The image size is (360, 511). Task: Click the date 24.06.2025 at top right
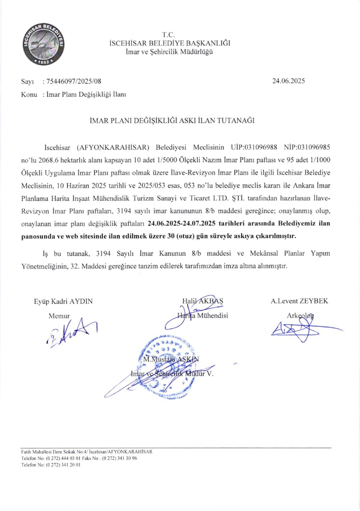(x=288, y=81)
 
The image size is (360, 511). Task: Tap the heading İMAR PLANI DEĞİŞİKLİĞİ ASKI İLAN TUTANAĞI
(x=172, y=121)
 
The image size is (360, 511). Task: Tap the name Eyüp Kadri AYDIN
(x=63, y=301)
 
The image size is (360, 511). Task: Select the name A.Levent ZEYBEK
(x=300, y=301)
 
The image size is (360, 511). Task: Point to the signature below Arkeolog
(x=302, y=330)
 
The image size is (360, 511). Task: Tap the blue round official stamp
(x=166, y=366)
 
